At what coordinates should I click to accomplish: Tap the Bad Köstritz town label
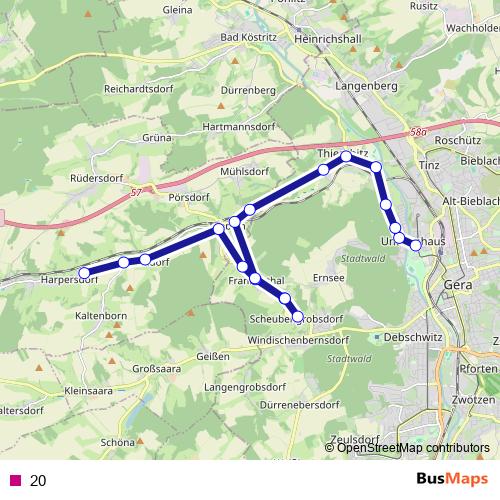click(x=246, y=38)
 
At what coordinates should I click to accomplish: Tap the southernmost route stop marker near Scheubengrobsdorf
click(x=297, y=317)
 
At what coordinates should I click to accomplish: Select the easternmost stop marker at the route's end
click(x=416, y=245)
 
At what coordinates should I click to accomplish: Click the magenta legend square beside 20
click(x=14, y=480)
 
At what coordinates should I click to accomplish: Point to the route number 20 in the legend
click(x=38, y=480)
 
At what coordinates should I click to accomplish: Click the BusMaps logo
click(x=445, y=480)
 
